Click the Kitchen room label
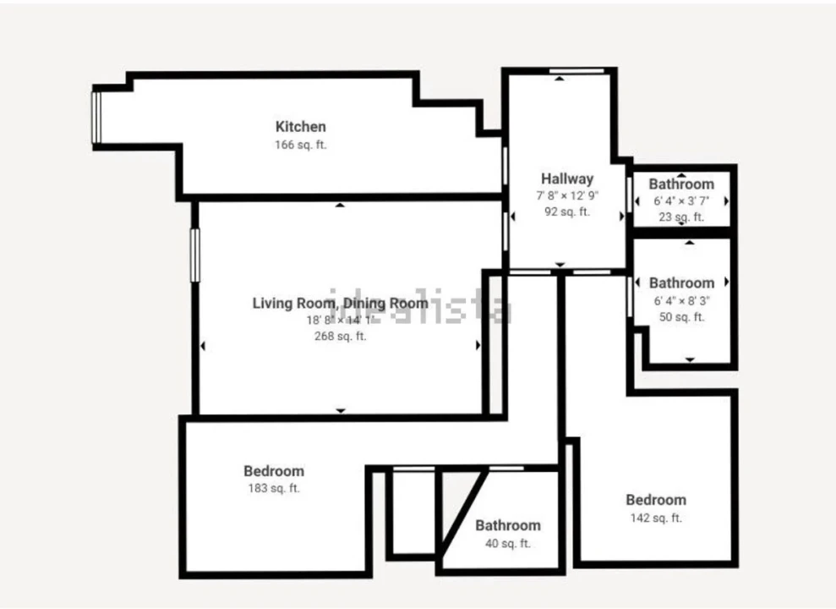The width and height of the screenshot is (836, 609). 300,127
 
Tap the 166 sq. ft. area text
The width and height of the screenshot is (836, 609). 300,145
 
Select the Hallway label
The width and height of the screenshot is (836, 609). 567,178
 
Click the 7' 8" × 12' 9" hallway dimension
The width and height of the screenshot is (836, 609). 567,195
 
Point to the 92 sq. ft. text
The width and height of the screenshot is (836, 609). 567,212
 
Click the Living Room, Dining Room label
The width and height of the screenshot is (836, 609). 340,303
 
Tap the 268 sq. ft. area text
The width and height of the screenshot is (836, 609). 340,336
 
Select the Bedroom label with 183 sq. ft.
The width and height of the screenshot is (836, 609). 273,471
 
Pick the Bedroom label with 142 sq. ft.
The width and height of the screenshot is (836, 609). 655,500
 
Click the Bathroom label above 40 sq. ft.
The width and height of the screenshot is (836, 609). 507,525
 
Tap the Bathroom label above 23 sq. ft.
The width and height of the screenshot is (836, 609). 681,184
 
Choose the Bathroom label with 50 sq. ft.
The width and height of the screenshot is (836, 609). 681,283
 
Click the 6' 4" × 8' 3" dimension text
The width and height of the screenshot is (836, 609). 681,300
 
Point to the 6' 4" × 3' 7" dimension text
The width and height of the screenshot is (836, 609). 681,201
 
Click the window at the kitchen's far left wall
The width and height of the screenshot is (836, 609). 96,117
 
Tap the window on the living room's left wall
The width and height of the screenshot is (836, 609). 194,255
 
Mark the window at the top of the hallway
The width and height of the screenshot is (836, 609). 577,70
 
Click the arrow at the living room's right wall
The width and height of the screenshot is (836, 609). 478,345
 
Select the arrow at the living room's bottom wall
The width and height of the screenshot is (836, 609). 341,410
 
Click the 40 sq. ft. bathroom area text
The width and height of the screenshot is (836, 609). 507,544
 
